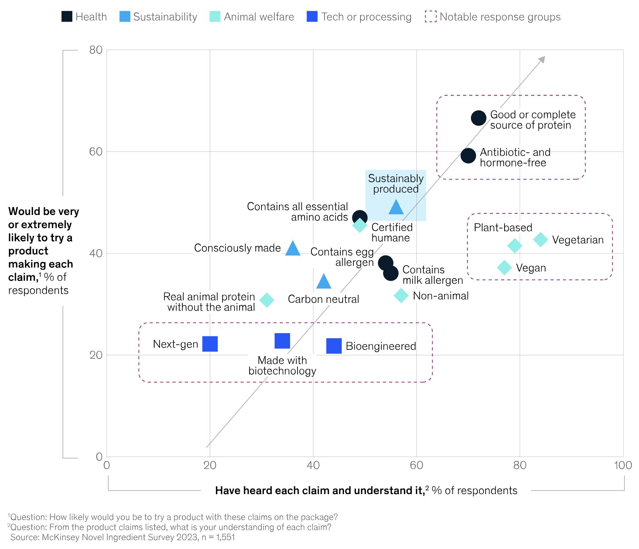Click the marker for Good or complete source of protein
[478, 118]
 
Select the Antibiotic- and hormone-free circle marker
[468, 156]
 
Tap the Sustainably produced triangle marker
[396, 208]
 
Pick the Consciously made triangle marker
[293, 249]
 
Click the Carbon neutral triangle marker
[324, 282]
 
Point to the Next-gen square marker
[210, 344]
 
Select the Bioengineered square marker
[334, 346]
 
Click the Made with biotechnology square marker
[282, 341]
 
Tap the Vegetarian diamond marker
[540, 239]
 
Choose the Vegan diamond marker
[504, 267]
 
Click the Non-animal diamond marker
[401, 296]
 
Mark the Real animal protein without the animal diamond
[267, 300]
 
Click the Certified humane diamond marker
[360, 225]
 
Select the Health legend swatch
[67, 17]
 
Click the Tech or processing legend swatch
[312, 17]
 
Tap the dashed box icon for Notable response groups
[430, 17]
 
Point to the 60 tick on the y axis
[95, 152]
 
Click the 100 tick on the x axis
[623, 465]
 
